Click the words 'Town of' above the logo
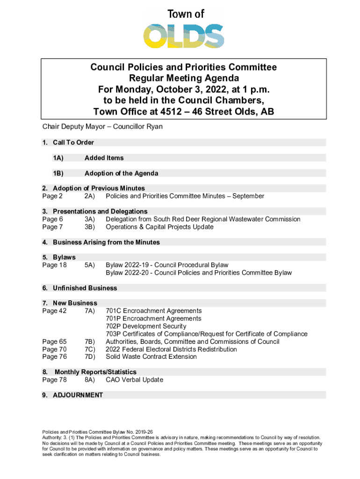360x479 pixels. pos(186,14)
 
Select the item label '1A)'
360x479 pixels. pos(58,158)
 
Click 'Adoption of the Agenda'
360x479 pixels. pos(121,174)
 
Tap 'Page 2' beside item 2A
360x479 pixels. pos(52,196)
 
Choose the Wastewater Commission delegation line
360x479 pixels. pos(203,219)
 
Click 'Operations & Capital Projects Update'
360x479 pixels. pos(159,227)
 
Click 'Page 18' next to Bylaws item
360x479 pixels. pos(54,265)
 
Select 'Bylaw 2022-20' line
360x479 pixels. pos(198,273)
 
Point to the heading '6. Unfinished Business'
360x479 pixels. pos(79,288)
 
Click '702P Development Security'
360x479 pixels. pos(146,326)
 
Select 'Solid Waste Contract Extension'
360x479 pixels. pos(151,356)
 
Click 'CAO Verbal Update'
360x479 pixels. pos(134,379)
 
